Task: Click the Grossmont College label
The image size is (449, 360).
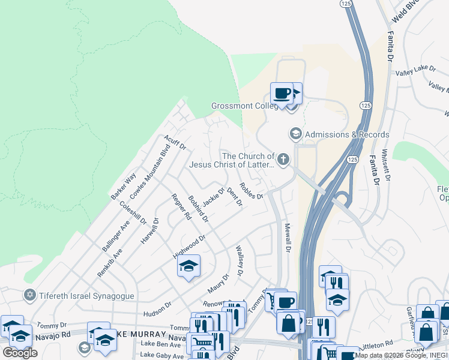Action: click(x=243, y=106)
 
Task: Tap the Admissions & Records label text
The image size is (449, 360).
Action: click(x=347, y=134)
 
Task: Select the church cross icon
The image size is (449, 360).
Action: click(x=283, y=160)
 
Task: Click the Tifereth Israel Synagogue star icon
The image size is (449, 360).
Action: click(x=28, y=295)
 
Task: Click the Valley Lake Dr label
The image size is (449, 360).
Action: click(x=415, y=70)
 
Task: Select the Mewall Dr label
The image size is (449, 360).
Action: click(x=288, y=238)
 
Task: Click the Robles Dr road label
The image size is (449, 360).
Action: click(x=251, y=191)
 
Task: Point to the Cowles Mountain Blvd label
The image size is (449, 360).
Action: click(x=150, y=172)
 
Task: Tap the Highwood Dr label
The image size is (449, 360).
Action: click(x=189, y=244)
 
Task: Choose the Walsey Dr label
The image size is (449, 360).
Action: click(x=240, y=260)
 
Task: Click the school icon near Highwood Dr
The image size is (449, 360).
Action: click(x=188, y=266)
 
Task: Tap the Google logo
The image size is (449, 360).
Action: click(x=20, y=353)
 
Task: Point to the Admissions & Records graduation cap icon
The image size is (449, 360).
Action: click(x=295, y=133)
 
